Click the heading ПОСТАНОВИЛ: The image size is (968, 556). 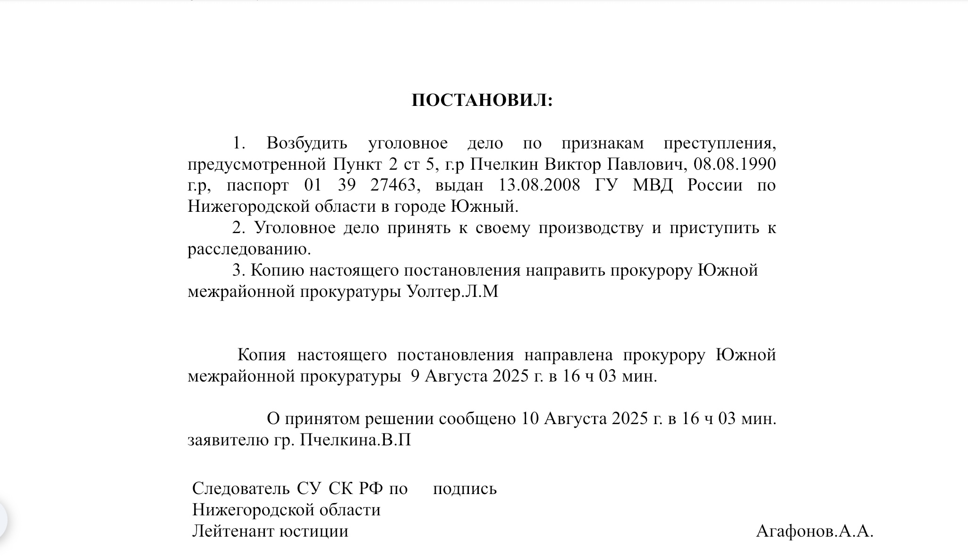click(482, 101)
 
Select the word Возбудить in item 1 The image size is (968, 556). click(307, 143)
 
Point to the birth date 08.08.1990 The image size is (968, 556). click(734, 164)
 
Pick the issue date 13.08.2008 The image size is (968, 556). click(539, 185)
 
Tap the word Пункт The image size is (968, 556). click(357, 164)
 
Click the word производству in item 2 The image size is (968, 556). click(591, 228)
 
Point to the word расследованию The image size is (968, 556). click(249, 249)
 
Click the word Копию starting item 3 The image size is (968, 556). click(277, 270)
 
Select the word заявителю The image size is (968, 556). click(228, 440)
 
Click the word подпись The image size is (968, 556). click(465, 488)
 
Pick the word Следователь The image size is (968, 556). click(241, 488)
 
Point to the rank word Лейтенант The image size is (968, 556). click(233, 531)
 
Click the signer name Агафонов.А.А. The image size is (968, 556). click(815, 531)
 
